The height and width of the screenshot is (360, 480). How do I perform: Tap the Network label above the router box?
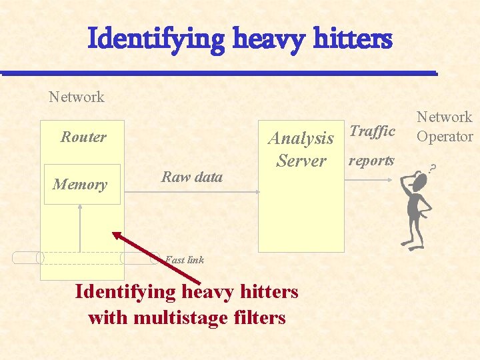tap(77, 97)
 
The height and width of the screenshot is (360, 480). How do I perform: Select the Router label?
tap(83, 137)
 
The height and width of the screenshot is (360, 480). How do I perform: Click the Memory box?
tap(80, 184)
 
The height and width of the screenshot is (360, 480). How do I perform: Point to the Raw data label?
tap(192, 177)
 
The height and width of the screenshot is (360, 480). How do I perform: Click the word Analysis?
tap(301, 138)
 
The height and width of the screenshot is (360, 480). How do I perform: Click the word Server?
tap(301, 161)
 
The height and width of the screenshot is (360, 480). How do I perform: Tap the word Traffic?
tap(372, 131)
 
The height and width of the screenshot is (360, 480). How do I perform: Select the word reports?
tap(371, 161)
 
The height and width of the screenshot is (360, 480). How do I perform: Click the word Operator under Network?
tap(445, 137)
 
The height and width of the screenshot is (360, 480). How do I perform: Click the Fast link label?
tap(185, 260)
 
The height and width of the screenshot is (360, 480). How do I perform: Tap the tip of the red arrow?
tap(113, 233)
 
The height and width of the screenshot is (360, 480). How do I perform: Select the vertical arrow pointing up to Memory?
tap(80, 227)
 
